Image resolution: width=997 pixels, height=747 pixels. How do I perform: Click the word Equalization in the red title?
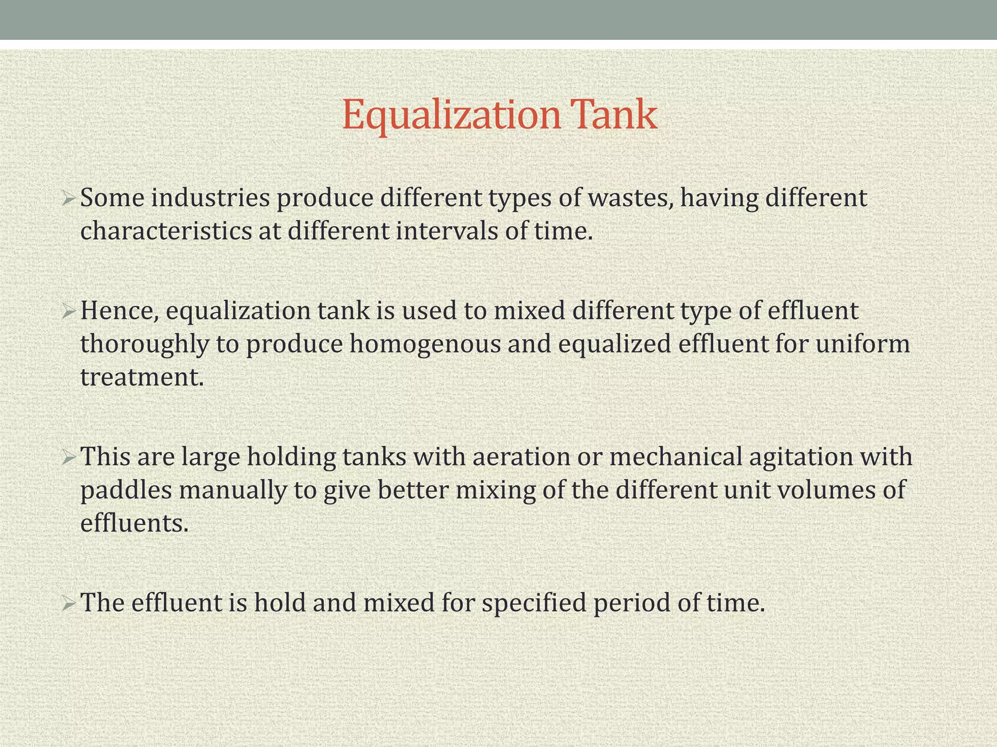coord(451,115)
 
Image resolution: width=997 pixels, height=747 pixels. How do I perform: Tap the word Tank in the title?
coord(615,115)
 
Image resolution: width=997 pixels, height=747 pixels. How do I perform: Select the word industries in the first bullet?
coord(210,198)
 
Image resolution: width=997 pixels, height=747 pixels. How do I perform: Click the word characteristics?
coord(166,231)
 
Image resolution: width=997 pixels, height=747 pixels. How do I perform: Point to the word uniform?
coord(863,344)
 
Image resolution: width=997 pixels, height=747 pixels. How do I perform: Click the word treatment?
coord(142,377)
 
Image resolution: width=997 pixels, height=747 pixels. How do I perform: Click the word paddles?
coord(126,490)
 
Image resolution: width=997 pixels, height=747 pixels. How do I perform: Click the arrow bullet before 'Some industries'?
coord(68,199)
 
